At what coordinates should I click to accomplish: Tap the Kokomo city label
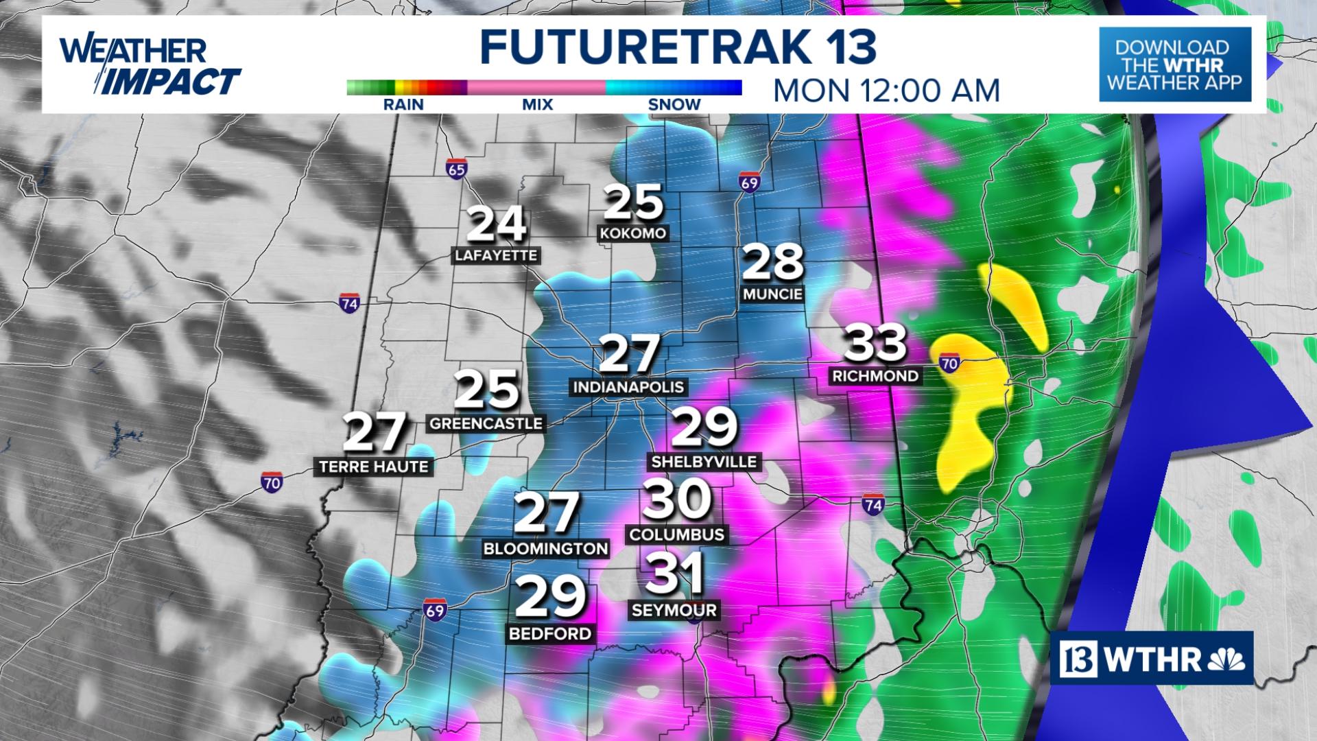(x=632, y=233)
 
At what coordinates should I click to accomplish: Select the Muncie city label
(x=772, y=294)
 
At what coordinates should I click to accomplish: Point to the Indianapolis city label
(x=628, y=387)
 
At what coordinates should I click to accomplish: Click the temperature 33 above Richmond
(x=875, y=344)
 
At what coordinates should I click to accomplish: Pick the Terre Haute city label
(x=374, y=467)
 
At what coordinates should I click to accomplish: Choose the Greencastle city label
(x=486, y=423)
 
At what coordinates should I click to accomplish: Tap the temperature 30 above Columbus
(x=676, y=499)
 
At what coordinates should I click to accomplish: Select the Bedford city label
(x=549, y=633)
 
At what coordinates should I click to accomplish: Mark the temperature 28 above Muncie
(x=772, y=262)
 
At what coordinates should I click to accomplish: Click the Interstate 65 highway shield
(x=455, y=169)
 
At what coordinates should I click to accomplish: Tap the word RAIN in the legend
(x=404, y=105)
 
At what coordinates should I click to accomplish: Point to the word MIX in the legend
(x=536, y=105)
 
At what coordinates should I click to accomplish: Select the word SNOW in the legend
(x=674, y=105)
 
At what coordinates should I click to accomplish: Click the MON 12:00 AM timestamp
(x=886, y=90)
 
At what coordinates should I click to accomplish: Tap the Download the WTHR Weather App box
(x=1175, y=65)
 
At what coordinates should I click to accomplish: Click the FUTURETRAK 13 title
(x=678, y=47)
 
